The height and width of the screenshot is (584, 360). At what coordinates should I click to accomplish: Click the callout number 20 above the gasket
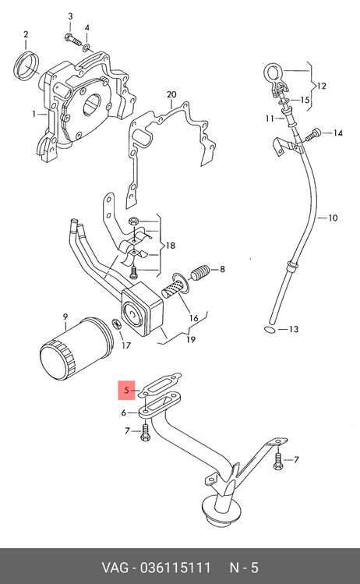point(171,94)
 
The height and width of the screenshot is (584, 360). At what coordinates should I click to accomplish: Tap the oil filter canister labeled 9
point(76,349)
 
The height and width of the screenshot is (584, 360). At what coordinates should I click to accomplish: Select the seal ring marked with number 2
point(27,67)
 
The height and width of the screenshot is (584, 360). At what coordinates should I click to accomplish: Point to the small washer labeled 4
point(86,48)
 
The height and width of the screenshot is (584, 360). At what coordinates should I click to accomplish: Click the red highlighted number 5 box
point(126,391)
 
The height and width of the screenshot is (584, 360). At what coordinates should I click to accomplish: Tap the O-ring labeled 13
point(269,329)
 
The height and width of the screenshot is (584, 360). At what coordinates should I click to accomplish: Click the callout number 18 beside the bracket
point(170,246)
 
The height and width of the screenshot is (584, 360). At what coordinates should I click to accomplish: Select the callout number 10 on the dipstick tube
point(333,218)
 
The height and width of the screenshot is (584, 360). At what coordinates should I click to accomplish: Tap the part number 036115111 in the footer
point(175,568)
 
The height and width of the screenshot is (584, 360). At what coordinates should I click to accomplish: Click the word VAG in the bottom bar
point(115,568)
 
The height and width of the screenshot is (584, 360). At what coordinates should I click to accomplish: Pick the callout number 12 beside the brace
point(321,86)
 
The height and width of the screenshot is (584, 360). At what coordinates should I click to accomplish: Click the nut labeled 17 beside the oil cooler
point(118,324)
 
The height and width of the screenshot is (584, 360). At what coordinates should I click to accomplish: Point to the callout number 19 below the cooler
point(191,339)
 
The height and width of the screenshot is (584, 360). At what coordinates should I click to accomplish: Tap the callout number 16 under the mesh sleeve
point(193,318)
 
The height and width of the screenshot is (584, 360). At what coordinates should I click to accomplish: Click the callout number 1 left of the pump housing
point(34,114)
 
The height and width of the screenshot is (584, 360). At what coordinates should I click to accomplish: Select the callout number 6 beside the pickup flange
point(124,412)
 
